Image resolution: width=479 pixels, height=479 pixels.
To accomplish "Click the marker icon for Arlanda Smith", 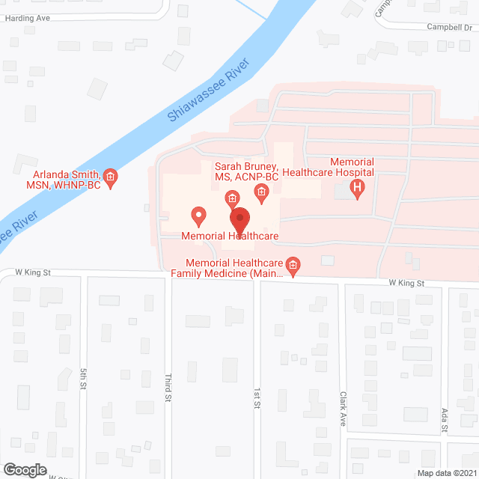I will pos(111,177).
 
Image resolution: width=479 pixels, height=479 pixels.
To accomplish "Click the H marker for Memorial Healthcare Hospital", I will pos(359,188).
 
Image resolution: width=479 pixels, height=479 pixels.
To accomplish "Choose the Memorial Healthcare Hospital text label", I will pos(362,167).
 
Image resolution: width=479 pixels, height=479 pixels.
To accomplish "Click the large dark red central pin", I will pos(239,222).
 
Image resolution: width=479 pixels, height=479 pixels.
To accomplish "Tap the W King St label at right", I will pos(406,284).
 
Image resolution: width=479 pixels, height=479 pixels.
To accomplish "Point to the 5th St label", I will pos(83,379).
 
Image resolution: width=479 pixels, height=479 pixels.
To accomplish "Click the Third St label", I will pos(168,388).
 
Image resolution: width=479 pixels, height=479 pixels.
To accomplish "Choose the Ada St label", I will pos(443,420).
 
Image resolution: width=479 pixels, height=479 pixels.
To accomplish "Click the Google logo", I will pos(24,469).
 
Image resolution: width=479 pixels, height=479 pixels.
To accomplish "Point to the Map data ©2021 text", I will pos(446,472).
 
